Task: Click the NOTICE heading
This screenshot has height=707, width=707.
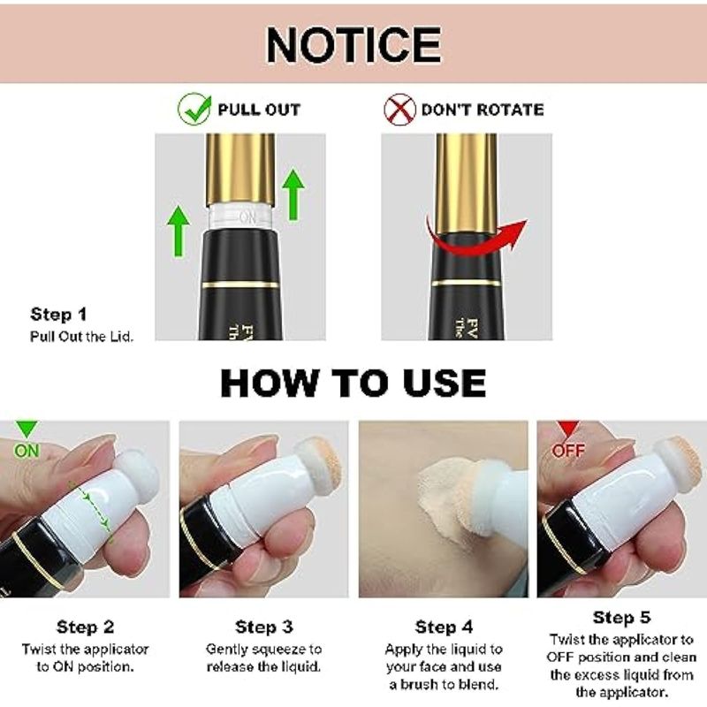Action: tap(353, 45)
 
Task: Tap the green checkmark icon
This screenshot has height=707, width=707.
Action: tap(194, 109)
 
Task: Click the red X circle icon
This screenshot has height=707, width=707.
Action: tap(399, 109)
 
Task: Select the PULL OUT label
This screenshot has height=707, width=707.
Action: tap(259, 110)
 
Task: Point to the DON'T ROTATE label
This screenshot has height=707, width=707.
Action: tap(483, 110)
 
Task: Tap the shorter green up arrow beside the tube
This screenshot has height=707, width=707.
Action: tap(179, 231)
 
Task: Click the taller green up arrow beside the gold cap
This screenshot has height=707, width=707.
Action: tap(293, 194)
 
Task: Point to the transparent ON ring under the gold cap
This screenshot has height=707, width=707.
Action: tap(240, 217)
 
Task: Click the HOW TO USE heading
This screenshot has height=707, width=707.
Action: tap(353, 384)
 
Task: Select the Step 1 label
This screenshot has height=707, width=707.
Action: tap(58, 315)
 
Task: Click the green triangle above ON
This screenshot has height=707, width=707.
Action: tap(27, 430)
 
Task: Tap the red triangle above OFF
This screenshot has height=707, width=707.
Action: tap(567, 430)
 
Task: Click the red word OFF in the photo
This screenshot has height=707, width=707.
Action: tap(568, 451)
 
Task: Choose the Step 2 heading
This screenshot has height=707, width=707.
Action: tap(85, 627)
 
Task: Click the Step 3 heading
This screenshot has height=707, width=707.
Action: tap(263, 627)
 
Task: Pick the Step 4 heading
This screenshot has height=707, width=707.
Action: tap(444, 627)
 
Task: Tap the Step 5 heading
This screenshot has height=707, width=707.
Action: tap(622, 617)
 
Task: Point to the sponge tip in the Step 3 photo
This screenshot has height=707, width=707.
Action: tap(318, 465)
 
